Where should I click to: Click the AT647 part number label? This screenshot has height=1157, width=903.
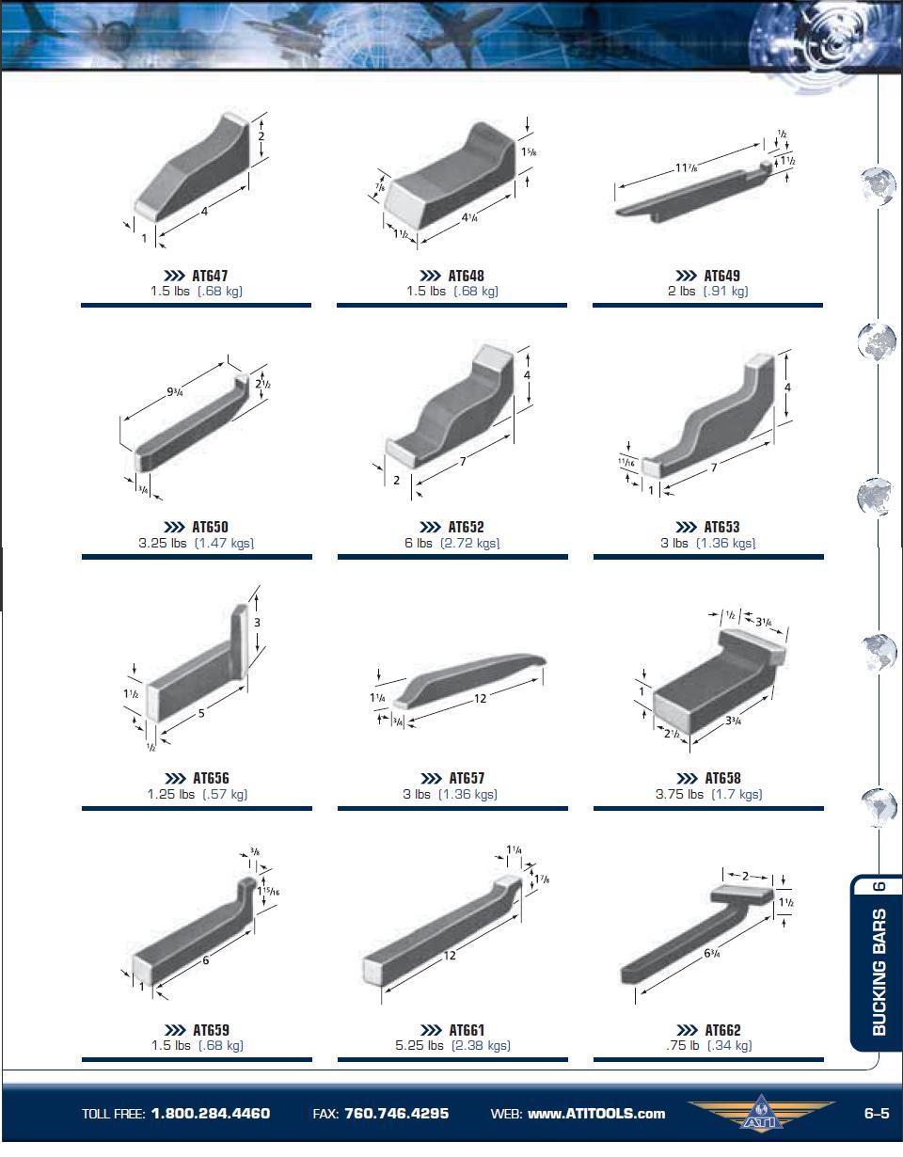click(210, 276)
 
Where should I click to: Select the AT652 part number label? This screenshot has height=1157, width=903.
click(466, 527)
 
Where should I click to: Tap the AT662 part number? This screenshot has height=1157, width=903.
click(722, 1030)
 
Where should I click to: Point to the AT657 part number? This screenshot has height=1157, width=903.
click(467, 779)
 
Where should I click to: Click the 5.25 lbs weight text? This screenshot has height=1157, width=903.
click(419, 1045)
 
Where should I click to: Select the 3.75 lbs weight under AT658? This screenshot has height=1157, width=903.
click(679, 794)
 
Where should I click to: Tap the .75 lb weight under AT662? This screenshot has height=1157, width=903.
click(682, 1045)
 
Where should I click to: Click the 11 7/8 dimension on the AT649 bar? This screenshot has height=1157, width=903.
click(687, 167)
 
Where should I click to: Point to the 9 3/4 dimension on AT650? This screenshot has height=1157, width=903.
click(175, 392)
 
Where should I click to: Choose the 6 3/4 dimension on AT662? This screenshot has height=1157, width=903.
click(712, 953)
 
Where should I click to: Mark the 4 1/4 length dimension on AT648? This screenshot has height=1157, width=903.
click(469, 217)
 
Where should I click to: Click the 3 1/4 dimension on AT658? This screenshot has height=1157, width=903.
click(764, 622)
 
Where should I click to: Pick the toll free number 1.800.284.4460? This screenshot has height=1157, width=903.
click(211, 1114)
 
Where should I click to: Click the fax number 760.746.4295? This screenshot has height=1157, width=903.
click(397, 1114)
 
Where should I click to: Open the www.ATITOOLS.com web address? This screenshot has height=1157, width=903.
click(596, 1114)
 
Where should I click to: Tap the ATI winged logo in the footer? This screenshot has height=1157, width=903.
click(761, 1112)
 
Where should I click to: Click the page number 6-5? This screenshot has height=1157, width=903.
click(877, 1114)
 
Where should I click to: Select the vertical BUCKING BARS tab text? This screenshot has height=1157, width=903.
click(879, 972)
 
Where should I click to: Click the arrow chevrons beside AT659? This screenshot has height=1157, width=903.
click(175, 1030)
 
